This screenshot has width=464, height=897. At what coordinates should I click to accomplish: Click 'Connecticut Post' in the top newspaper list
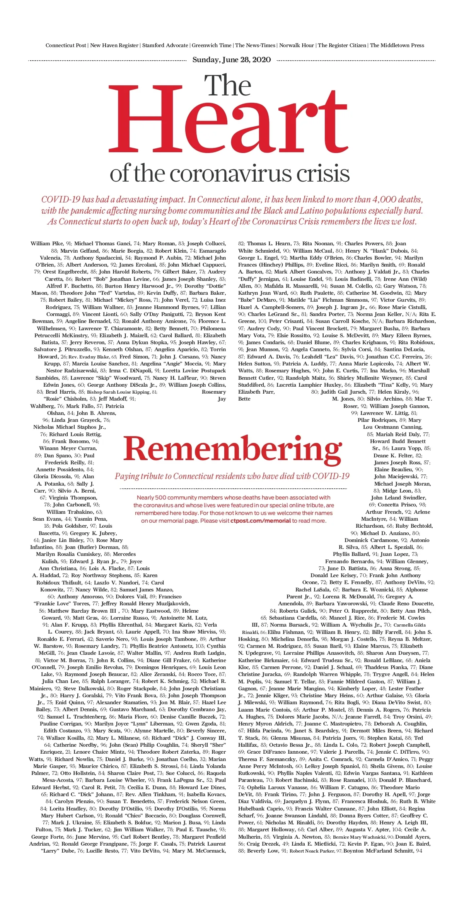(66, 45)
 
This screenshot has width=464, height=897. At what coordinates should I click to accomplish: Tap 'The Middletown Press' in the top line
(397, 45)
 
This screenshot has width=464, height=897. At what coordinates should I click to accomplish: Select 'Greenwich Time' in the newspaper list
(212, 45)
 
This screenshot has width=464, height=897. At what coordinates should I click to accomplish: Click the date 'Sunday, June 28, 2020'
(232, 59)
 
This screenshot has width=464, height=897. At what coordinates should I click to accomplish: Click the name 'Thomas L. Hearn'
(268, 244)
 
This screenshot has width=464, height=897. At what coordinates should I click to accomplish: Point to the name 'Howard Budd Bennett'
(398, 441)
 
